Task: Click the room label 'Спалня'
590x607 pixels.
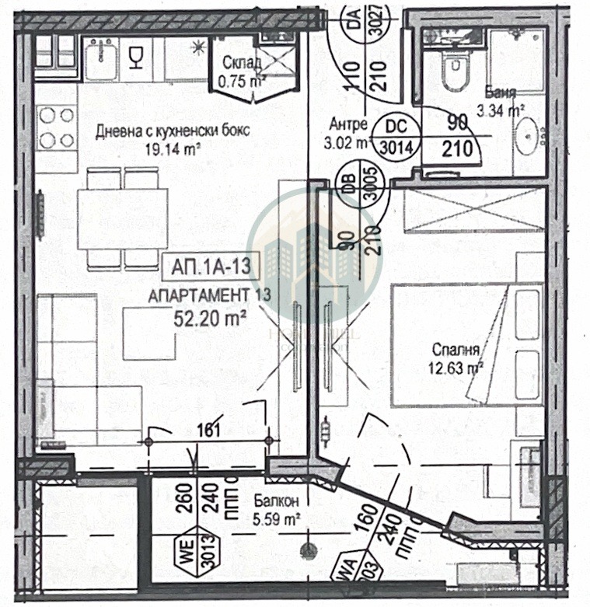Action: pos(457,351)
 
